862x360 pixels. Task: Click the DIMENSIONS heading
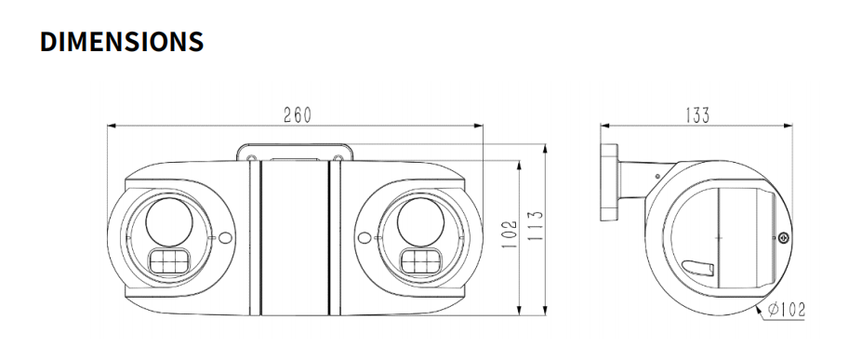[122, 42]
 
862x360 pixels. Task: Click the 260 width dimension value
[297, 115]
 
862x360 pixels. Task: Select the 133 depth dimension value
[696, 115]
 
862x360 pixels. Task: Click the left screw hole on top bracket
[252, 160]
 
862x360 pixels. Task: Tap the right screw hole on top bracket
[338, 160]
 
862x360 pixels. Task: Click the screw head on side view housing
[783, 237]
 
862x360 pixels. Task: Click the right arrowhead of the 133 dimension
[789, 125]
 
